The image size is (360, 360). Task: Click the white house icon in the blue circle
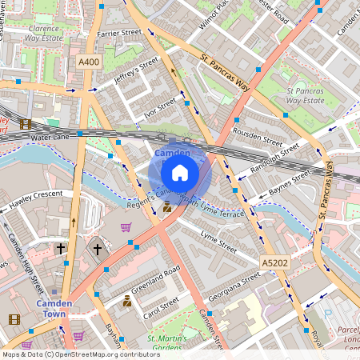(180, 173)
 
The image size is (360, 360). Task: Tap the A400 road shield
(88, 62)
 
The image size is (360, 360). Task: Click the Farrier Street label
(118, 34)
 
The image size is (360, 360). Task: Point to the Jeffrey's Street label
(136, 73)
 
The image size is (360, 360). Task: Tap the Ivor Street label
(158, 108)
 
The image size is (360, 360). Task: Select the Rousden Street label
(256, 137)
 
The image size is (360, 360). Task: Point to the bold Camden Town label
(54, 309)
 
